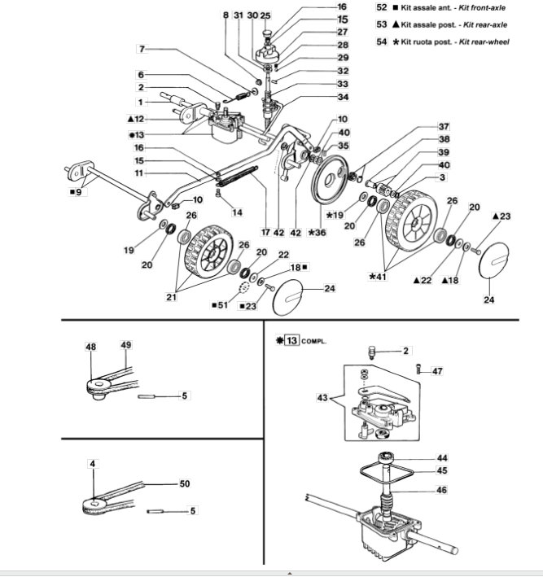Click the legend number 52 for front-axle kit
381,7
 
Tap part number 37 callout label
444,127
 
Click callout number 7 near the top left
142,49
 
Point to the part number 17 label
265,232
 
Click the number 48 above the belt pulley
91,347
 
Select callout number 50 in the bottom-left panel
185,483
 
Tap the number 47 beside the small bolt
437,371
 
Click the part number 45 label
442,470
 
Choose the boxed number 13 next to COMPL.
291,340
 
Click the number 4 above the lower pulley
93,464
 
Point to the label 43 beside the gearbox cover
322,398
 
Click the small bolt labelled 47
419,369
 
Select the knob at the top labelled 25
265,34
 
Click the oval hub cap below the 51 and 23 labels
287,297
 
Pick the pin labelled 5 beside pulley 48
147,396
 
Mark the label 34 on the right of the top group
343,97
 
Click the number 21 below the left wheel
171,297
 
